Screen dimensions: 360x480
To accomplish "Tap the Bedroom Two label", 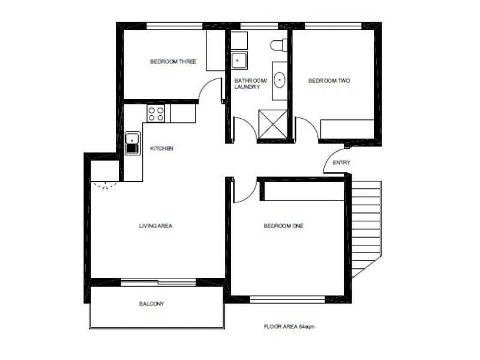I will point(329,81).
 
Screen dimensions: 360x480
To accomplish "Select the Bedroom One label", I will point(283,226).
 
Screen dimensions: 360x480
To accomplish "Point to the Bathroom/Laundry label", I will point(247,83).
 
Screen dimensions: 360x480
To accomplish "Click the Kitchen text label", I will point(161,148).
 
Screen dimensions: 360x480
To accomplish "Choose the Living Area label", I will point(155,226).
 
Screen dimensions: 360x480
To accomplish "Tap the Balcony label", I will point(151,304).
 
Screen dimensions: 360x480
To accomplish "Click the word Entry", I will point(341,163).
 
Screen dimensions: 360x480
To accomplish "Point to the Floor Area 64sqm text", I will point(289,327).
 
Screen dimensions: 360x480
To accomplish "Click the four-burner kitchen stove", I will point(156,113).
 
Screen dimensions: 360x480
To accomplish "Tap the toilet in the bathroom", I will point(278,44).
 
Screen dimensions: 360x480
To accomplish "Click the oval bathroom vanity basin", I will point(280,79).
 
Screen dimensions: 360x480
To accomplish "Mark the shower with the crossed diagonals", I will point(272,124).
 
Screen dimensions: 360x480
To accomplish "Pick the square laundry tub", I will point(239,61).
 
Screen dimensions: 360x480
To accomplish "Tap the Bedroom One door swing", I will point(245,191).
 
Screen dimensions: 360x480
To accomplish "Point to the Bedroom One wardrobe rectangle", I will point(302,191).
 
